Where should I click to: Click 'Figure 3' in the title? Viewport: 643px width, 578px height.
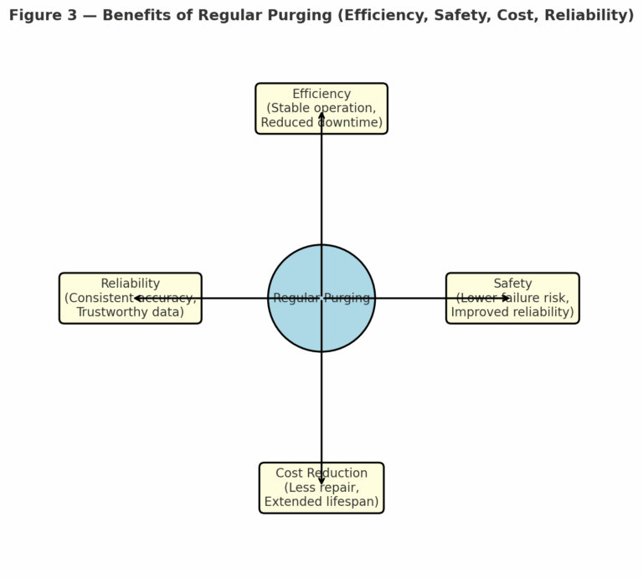pyautogui.click(x=38, y=16)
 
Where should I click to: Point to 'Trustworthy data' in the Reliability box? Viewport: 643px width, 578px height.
pyautogui.click(x=130, y=313)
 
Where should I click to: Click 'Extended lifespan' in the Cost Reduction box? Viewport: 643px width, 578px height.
pyautogui.click(x=321, y=503)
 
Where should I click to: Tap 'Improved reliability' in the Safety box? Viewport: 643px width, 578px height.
pyautogui.click(x=512, y=313)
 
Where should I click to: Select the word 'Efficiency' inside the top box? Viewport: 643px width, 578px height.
pyautogui.click(x=321, y=94)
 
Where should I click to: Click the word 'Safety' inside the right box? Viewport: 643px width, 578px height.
pyautogui.click(x=512, y=284)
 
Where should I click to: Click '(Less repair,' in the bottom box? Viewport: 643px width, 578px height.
pyautogui.click(x=321, y=488)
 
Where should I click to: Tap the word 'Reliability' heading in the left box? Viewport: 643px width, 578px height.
pyautogui.click(x=130, y=284)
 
